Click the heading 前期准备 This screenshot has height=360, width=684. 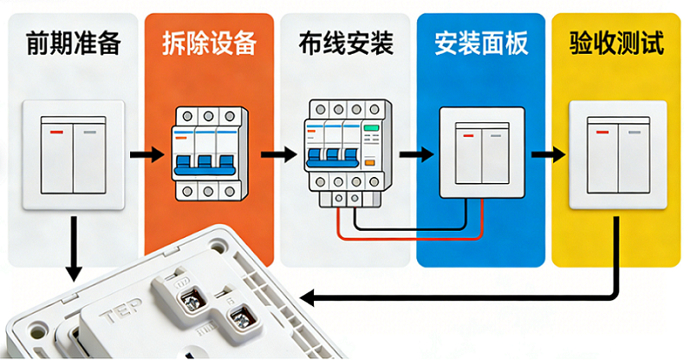73,43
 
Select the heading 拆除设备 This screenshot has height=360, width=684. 208,43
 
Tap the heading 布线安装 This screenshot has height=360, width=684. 344,43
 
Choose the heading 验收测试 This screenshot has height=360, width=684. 616,43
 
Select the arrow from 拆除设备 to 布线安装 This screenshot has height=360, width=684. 277,155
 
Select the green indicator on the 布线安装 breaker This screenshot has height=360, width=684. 371,128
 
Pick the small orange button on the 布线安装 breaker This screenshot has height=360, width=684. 369,162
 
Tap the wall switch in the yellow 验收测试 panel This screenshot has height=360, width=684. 617,154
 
